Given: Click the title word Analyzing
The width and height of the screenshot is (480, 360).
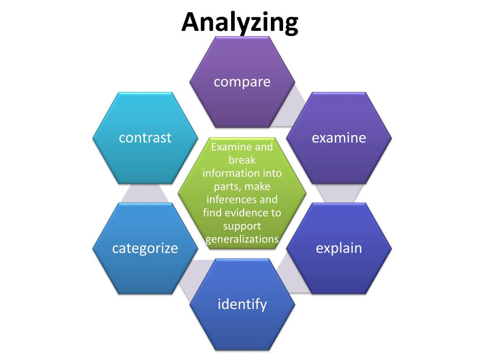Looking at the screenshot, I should tap(240, 22).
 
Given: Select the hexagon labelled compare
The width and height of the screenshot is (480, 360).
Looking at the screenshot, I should tap(242, 82).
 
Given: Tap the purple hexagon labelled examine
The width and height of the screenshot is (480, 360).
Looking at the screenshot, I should tap(339, 137).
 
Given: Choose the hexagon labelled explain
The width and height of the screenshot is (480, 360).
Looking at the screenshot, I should tap(339, 248).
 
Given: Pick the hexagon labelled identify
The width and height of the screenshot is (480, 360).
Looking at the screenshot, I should tap(242, 304).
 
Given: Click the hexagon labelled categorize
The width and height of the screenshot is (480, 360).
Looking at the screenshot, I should tap(145, 248).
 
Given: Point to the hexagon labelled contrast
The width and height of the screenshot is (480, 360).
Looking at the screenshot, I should tap(145, 137).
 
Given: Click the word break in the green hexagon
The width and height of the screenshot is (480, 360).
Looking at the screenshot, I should tap(242, 160).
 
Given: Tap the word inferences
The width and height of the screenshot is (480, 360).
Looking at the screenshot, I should tap(229, 200).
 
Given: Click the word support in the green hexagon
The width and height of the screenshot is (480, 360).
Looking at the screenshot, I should tap(242, 226).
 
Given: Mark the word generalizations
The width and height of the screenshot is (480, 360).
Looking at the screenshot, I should tap(242, 239).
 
